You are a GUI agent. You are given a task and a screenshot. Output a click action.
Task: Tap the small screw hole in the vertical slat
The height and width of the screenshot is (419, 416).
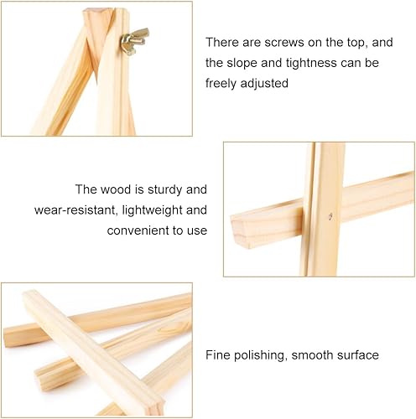pyautogui.click(x=330, y=215)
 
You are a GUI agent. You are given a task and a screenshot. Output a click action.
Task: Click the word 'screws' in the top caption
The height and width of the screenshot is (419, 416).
pyautogui.click(x=283, y=43)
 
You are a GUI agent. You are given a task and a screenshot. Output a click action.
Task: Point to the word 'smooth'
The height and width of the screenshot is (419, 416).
pyautogui.click(x=312, y=355)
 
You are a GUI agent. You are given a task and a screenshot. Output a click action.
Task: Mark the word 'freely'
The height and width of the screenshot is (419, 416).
pyautogui.click(x=221, y=84)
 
